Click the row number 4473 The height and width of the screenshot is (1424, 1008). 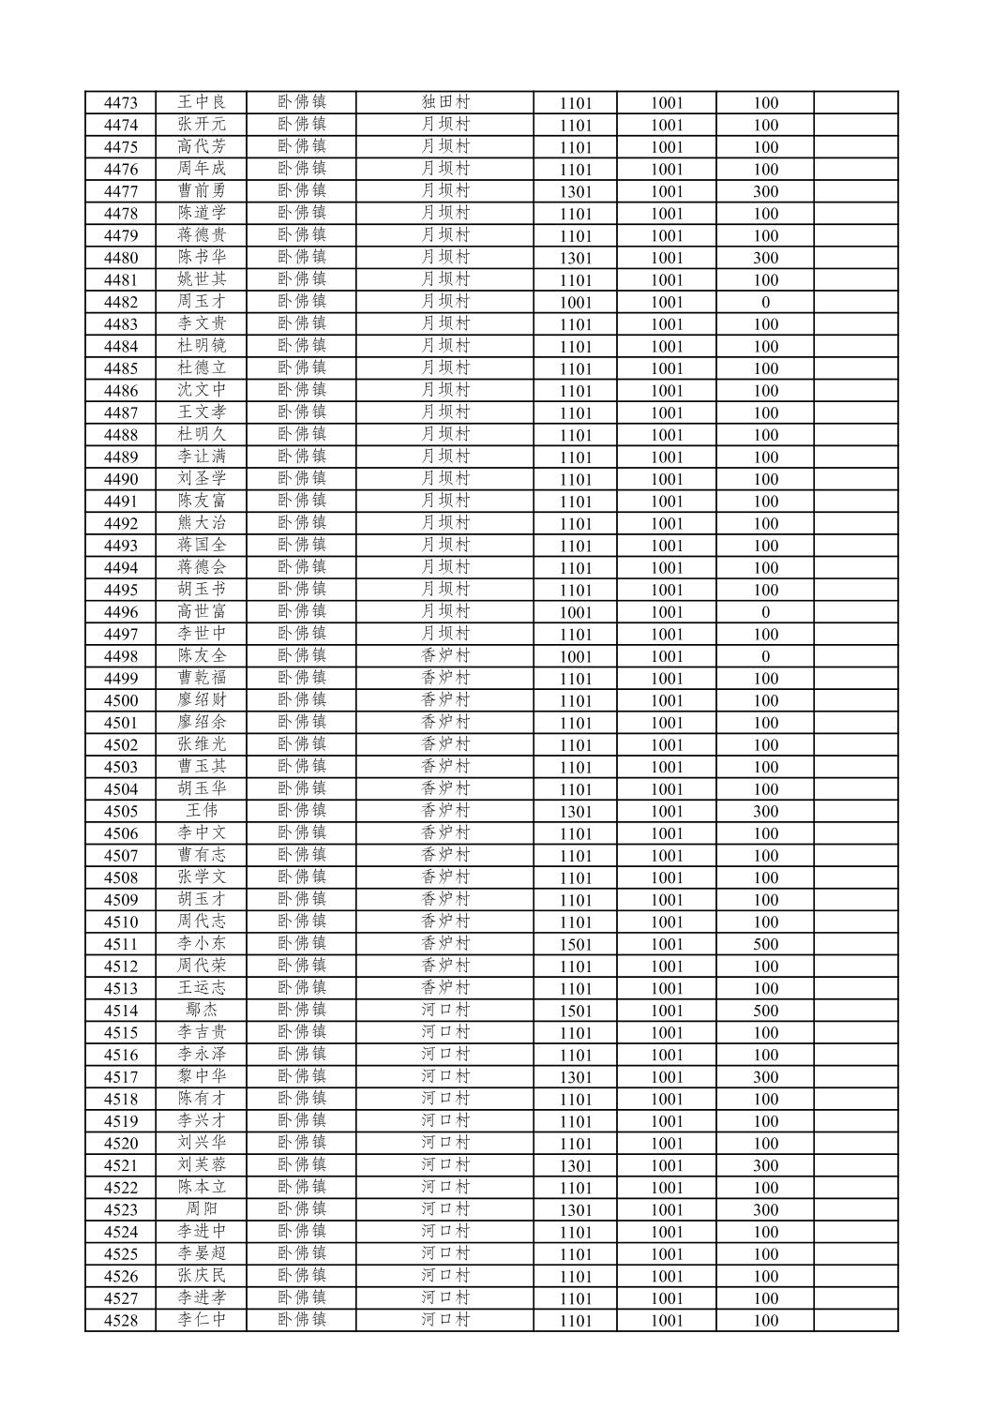coord(121,103)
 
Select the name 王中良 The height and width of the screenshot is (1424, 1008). coord(202,102)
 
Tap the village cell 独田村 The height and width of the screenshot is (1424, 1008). coord(444,102)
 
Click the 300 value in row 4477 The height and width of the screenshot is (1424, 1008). coord(765,191)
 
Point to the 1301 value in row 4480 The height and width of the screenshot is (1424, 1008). coord(576,258)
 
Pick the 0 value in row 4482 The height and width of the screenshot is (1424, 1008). coord(765,302)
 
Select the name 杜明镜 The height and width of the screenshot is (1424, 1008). coord(202,346)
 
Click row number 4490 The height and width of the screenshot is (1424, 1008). coord(121,479)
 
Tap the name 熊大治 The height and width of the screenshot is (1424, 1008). coord(202,523)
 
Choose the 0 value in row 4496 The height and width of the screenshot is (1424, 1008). coord(765,612)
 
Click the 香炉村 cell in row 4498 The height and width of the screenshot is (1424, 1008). coord(444,656)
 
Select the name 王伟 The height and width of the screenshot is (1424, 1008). coord(202,811)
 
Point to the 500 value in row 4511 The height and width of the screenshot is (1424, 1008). coord(765,944)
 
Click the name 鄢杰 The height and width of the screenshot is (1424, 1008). coord(202,1011)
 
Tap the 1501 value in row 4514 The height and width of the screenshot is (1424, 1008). coord(576,1011)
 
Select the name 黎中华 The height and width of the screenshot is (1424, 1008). coord(202,1077)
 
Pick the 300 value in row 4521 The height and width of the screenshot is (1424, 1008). coord(765,1165)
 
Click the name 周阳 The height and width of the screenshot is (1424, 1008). coord(202,1209)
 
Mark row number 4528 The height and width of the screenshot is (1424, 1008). coord(121,1321)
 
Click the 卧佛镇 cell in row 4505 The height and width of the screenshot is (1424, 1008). coord(302,811)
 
